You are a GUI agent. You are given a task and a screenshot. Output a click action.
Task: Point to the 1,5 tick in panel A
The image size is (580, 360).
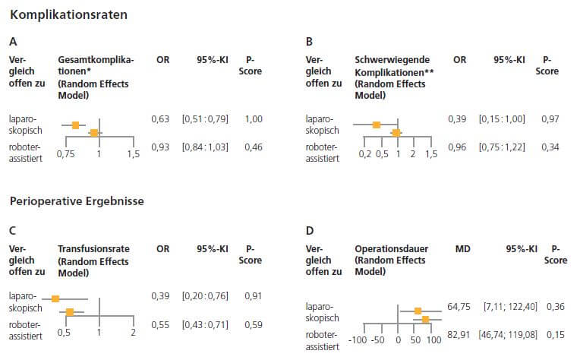(133, 154)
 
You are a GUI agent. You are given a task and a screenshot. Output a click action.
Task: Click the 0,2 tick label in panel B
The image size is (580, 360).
(364, 154)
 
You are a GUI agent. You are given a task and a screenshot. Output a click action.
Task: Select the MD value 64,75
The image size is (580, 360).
(460, 305)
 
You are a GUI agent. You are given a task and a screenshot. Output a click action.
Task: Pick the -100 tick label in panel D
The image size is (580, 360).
(358, 341)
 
